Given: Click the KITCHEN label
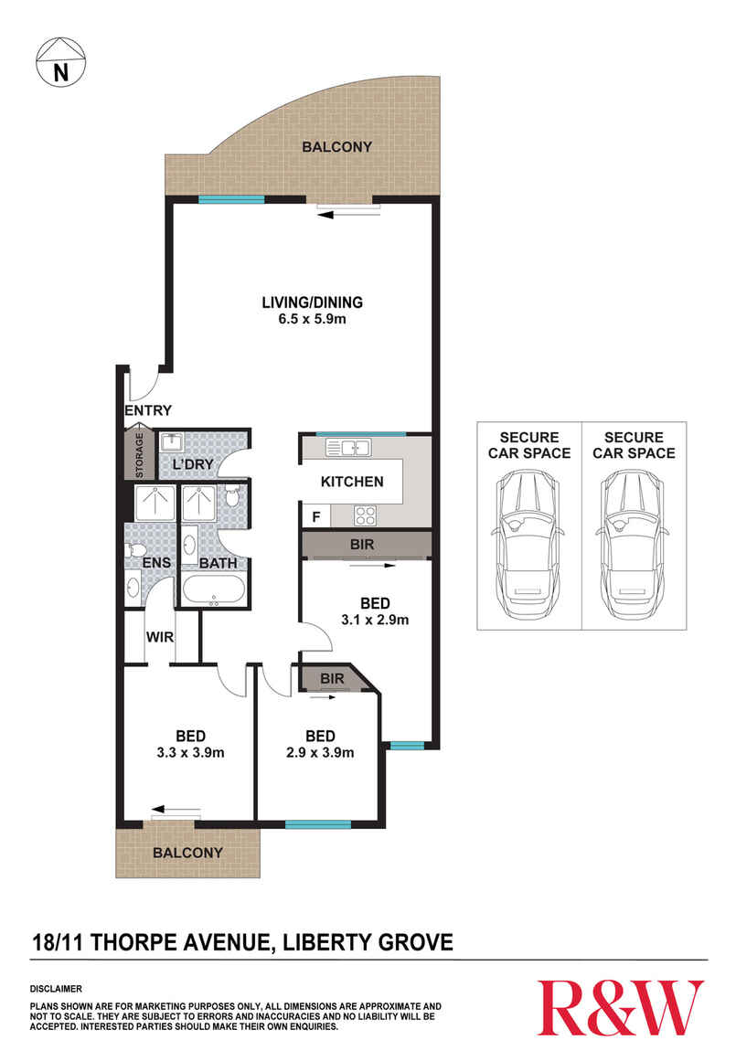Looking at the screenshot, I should [351, 482].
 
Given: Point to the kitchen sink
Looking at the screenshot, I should [347, 447].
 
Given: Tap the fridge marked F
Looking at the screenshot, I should [315, 516].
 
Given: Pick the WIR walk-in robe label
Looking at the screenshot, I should [161, 636].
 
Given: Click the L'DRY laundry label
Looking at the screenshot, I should [193, 465].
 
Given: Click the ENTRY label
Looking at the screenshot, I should [148, 410].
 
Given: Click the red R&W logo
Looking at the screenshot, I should [621, 1007].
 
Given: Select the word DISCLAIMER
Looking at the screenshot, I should [57, 989].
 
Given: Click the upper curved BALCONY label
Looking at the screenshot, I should [337, 146].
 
